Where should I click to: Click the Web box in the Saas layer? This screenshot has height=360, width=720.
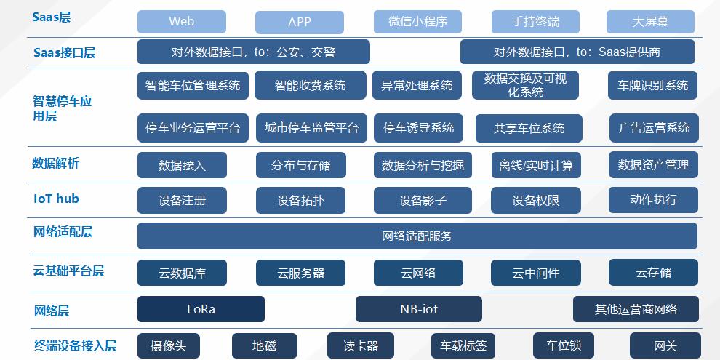pyautogui.click(x=181, y=22)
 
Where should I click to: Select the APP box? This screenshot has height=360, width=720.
pyautogui.click(x=300, y=22)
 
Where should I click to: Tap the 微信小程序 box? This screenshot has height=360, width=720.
pyautogui.click(x=417, y=22)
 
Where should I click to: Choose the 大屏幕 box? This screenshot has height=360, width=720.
pyautogui.click(x=649, y=22)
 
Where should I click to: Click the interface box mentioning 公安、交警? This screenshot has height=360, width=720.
pyautogui.click(x=253, y=52)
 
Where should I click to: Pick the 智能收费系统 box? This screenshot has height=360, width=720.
pyautogui.click(x=310, y=86)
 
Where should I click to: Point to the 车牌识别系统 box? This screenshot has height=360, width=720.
pyautogui.click(x=652, y=86)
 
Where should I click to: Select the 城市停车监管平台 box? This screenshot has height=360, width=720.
pyautogui.click(x=311, y=128)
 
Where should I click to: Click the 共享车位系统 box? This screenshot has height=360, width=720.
pyautogui.click(x=529, y=128)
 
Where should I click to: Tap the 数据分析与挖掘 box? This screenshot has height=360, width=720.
pyautogui.click(x=422, y=165)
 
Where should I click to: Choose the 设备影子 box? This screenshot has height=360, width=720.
pyautogui.click(x=423, y=201)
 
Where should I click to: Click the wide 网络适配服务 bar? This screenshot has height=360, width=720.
pyautogui.click(x=417, y=236)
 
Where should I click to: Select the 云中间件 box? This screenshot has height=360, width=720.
pyautogui.click(x=535, y=273)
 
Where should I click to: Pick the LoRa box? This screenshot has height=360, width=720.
pyautogui.click(x=201, y=309)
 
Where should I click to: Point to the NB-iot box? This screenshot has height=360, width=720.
pyautogui.click(x=418, y=309)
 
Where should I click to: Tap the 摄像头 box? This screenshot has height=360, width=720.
pyautogui.click(x=168, y=346)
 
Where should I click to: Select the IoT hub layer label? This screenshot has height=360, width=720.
pyautogui.click(x=56, y=199)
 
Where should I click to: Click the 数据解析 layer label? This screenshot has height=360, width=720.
pyautogui.click(x=56, y=163)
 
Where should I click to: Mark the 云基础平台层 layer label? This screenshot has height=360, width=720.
pyautogui.click(x=68, y=271)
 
